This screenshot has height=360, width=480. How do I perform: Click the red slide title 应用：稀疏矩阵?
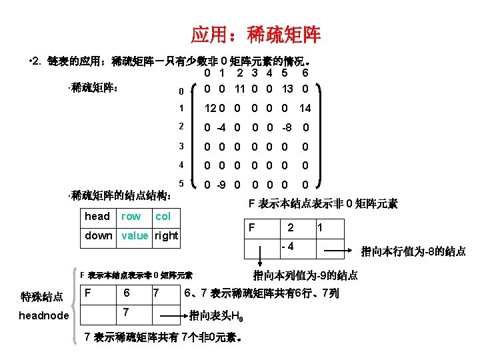pyautogui.click(x=255, y=33)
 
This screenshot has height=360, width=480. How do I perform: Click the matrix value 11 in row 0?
pyautogui.click(x=239, y=89)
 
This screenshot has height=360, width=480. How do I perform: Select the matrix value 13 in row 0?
pyautogui.click(x=287, y=89)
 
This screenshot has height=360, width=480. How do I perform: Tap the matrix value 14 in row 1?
pyautogui.click(x=305, y=108)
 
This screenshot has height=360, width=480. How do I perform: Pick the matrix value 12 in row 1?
pyautogui.click(x=210, y=108)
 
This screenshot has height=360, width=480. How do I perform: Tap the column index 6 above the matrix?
pyautogui.click(x=305, y=74)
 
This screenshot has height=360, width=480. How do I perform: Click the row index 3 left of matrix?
pyautogui.click(x=180, y=147)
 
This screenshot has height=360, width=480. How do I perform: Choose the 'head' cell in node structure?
pyautogui.click(x=97, y=216)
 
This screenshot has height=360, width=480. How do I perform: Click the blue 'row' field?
pyautogui.click(x=131, y=216)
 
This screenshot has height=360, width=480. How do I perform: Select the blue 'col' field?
pyautogui.click(x=163, y=216)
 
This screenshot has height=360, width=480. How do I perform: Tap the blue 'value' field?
pyautogui.click(x=135, y=235)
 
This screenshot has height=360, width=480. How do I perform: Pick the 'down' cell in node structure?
pyautogui.click(x=99, y=235)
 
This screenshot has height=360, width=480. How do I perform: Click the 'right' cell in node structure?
pyautogui.click(x=166, y=235)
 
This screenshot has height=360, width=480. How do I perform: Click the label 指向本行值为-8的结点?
pyautogui.click(x=413, y=251)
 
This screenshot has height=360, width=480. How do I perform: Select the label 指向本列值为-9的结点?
pyautogui.click(x=305, y=275)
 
